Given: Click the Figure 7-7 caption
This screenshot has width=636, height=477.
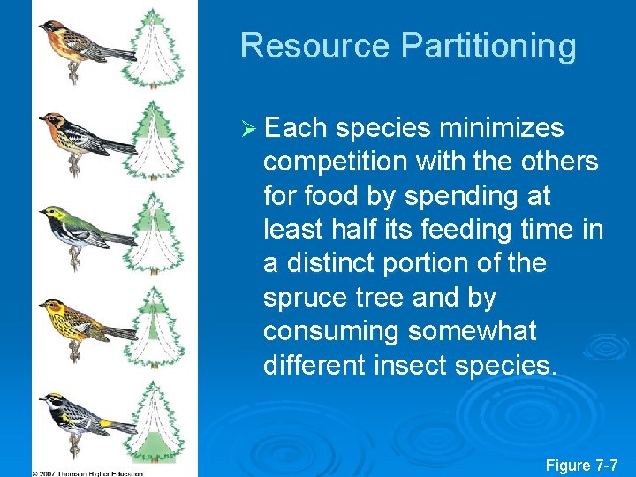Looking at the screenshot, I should coord(582,464).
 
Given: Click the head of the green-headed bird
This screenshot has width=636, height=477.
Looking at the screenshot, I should coord(54,215).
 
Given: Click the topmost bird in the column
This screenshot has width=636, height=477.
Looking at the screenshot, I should coord(74,41).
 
